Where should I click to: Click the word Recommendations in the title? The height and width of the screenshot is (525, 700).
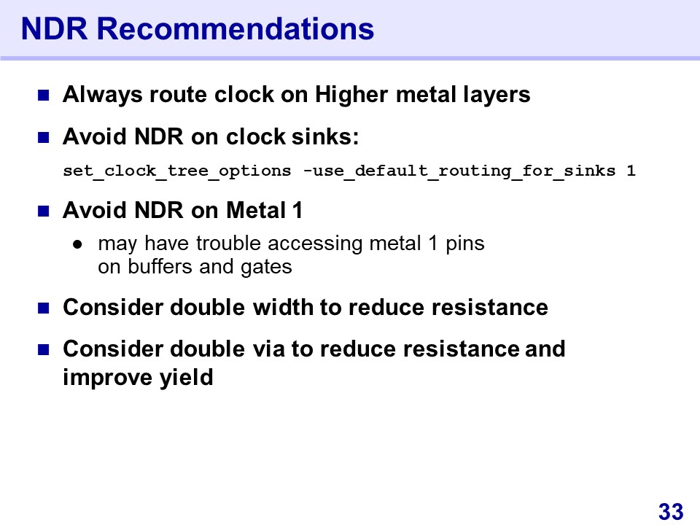pos(236,29)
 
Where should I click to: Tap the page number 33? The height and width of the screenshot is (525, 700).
pos(671,512)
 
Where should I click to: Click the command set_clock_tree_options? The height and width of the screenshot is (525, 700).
pos(176,171)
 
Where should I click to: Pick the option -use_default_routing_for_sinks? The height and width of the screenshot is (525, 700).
pos(459,171)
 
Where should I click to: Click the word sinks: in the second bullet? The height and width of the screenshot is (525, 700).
pos(325,136)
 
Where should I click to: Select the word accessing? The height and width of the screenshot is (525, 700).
pos(315,244)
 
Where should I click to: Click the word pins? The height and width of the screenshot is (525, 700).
pos(464,244)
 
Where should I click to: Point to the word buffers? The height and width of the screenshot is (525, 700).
pos(160,267)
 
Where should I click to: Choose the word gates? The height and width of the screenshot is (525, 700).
pos(266,268)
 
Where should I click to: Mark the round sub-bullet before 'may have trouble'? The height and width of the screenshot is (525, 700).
pos(78,244)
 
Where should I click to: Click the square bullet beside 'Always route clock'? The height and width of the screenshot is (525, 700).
pos(43,95)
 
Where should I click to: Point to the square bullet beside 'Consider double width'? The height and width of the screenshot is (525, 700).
pos(43,308)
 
